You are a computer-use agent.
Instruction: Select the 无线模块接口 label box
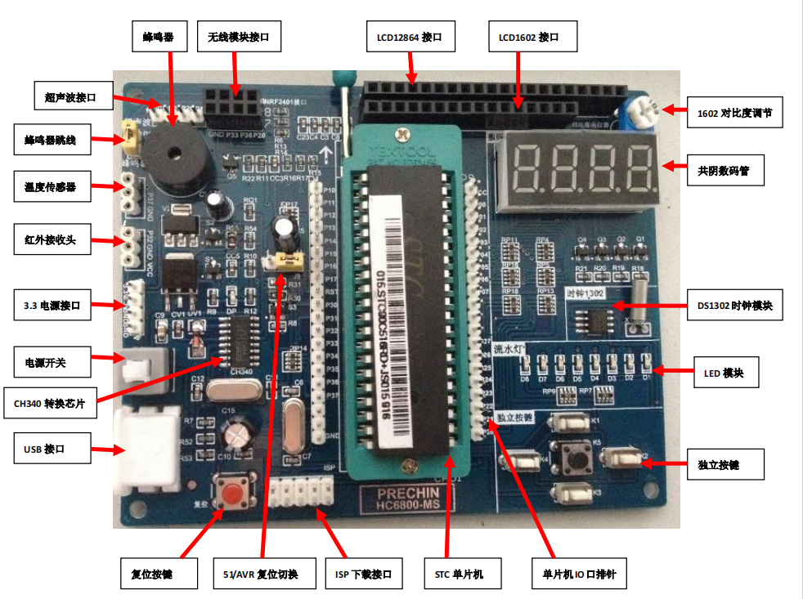coord(233,37)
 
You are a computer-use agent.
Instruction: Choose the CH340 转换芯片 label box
coord(49,401)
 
